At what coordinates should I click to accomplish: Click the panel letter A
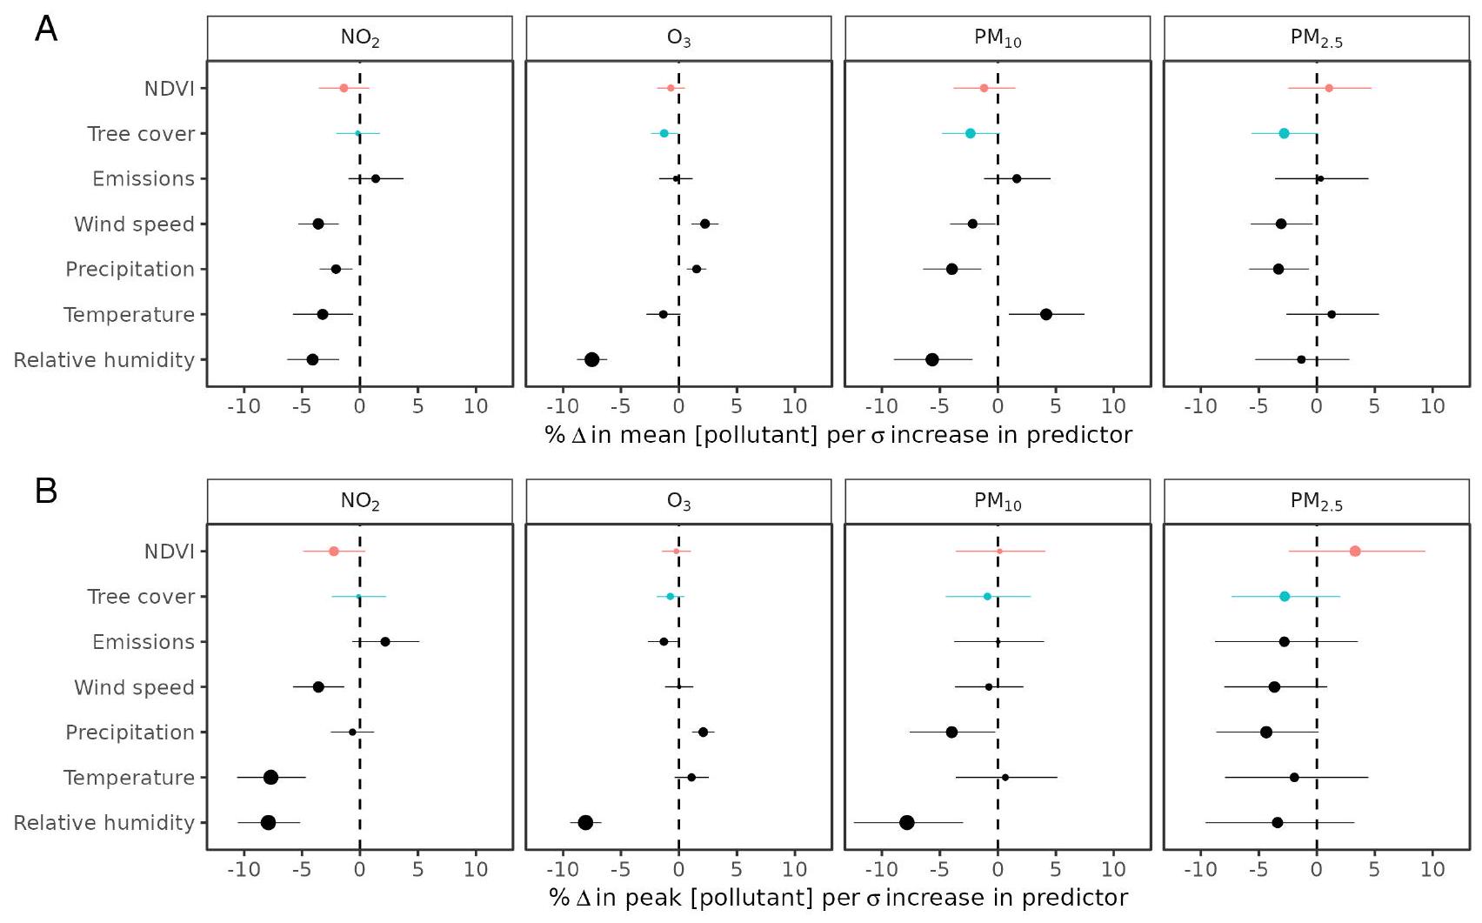click(x=46, y=29)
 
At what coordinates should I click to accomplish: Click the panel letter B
click(x=46, y=491)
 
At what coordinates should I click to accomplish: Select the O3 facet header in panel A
click(x=678, y=38)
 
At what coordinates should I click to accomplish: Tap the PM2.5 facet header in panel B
click(x=1316, y=501)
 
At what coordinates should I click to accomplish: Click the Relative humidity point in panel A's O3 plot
click(x=591, y=359)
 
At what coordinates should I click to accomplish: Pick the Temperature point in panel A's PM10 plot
click(x=1045, y=314)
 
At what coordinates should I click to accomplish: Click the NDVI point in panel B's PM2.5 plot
click(x=1354, y=551)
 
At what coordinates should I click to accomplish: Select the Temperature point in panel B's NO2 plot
click(x=270, y=777)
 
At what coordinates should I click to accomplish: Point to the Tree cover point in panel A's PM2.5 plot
click(x=1284, y=133)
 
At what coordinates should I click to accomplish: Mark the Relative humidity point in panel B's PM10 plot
click(x=907, y=822)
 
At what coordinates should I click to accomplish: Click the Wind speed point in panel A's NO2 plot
click(x=318, y=224)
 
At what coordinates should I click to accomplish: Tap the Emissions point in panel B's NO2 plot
click(x=385, y=641)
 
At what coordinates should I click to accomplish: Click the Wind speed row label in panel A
click(x=134, y=224)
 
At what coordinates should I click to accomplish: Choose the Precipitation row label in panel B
click(x=130, y=732)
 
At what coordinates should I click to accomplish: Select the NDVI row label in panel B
click(x=169, y=552)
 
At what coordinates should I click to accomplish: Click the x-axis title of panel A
click(x=838, y=435)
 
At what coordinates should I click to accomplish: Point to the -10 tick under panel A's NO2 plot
click(x=244, y=406)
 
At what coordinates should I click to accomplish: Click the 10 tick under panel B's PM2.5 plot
click(x=1432, y=869)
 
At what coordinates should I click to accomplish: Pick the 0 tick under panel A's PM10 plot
click(x=998, y=406)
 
